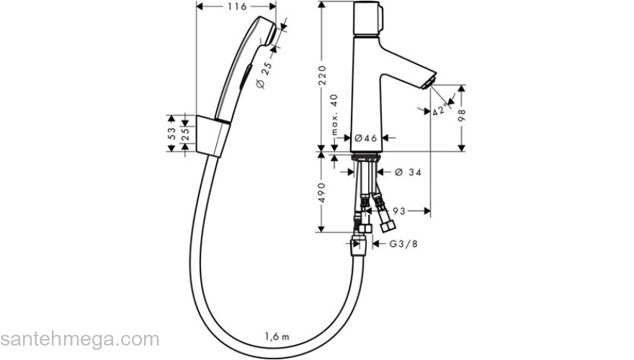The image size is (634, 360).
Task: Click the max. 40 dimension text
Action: (334, 117)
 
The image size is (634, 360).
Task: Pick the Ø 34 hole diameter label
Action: (408, 172)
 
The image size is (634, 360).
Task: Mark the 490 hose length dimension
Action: (323, 192)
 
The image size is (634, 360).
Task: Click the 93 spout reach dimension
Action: (401, 211)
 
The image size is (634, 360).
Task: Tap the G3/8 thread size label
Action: (403, 244)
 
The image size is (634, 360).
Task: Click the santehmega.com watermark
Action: (79, 339)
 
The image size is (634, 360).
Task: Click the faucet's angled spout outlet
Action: (430, 82)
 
